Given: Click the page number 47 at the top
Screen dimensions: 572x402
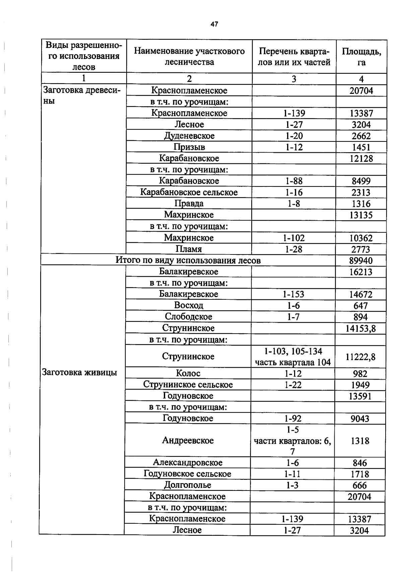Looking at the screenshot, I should tap(214, 24).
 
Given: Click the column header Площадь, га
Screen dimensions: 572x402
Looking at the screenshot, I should tap(361, 57).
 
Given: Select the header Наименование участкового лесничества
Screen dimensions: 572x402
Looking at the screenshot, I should tap(189, 56).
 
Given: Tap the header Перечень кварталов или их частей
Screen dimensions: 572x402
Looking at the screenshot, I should tap(294, 57).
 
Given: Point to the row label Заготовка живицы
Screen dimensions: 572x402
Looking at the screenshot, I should tap(79, 373).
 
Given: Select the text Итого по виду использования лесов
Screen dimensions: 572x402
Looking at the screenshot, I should tap(188, 260).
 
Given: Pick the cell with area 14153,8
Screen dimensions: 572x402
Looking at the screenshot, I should tap(360, 328).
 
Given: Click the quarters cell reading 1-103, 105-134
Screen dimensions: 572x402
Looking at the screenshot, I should tap(293, 351).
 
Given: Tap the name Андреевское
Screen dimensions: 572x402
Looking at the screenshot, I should tap(188, 440).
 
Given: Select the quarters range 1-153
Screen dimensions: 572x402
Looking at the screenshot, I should tap(293, 294).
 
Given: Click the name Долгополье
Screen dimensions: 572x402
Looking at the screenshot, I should tap(188, 485).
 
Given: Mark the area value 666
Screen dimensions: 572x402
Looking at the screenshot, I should tap(359, 485).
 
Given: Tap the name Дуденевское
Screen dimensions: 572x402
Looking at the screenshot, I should tap(189, 136).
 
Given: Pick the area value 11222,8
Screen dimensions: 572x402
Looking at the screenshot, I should tap(360, 357).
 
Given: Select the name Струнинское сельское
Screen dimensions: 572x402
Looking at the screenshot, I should tap(188, 385).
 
